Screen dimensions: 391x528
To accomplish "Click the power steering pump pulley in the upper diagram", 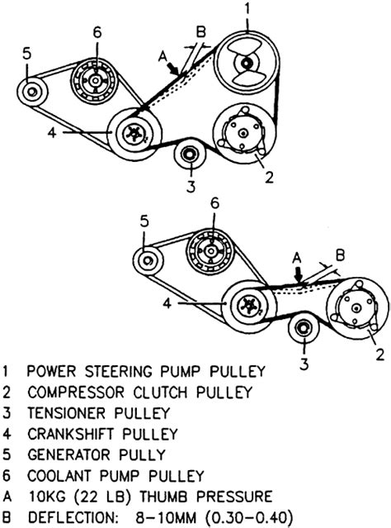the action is tap(247, 63).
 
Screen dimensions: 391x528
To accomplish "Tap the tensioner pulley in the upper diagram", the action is tap(190, 155).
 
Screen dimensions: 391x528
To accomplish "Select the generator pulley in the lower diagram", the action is tap(148, 260).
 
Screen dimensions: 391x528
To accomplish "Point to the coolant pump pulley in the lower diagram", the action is tap(211, 251).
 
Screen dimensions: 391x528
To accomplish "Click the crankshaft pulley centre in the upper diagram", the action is tap(135, 135).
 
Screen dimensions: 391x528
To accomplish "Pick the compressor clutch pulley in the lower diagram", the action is tap(356, 308).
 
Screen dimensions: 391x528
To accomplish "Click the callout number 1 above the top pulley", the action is tap(247, 9).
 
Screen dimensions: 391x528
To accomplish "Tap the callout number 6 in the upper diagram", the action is tap(97, 32).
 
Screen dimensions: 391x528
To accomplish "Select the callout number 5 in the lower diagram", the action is tap(144, 221).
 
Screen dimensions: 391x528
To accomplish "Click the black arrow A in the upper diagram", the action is tap(174, 69).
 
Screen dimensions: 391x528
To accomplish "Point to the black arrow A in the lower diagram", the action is tap(298, 274).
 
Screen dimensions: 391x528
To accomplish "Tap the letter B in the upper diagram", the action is tap(200, 32).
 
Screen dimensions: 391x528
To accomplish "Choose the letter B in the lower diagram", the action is tap(341, 254).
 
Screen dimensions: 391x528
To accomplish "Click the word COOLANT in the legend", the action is tap(59, 475).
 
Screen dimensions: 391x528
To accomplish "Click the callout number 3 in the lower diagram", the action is tap(304, 364).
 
